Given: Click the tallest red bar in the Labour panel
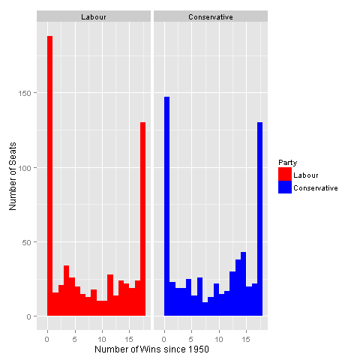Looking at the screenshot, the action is point(49,175).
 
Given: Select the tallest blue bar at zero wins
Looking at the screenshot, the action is point(166,206).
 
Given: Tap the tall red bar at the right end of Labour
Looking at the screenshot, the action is point(142,219).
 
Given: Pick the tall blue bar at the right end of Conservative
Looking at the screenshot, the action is point(259,219).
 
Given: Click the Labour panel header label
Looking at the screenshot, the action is point(94,17).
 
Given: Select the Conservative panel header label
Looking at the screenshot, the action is point(211,17).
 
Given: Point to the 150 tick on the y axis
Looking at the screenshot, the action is point(25,93).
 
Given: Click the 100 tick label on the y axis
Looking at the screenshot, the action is point(25,168).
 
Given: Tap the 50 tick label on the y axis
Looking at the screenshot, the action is point(26,242).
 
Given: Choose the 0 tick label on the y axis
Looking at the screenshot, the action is point(28,316).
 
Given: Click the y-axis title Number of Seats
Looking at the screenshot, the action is point(13,176).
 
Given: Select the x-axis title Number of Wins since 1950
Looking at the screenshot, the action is point(151,349).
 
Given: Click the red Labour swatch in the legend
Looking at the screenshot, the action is point(285,174).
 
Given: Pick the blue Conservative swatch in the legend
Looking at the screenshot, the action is point(285,187).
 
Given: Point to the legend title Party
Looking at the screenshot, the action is point(288,163).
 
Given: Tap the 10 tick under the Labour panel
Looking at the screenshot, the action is point(102,339).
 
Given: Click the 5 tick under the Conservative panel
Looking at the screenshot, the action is point(191,339).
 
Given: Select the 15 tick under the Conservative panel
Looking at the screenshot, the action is point(246,339).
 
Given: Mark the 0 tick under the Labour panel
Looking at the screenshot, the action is point(47,339).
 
